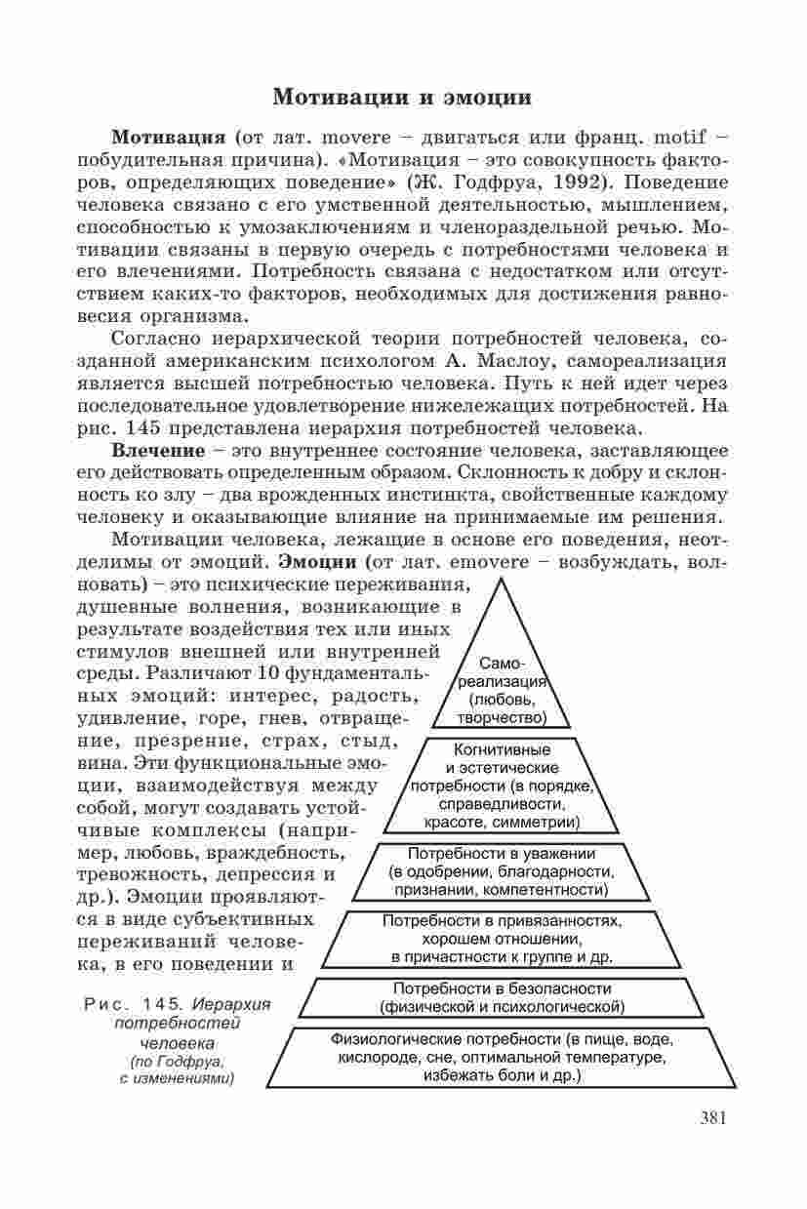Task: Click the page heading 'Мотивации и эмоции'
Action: point(402,98)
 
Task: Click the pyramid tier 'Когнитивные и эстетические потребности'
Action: point(503,786)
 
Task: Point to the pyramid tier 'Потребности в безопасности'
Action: point(502,995)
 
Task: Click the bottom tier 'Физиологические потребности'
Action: point(502,1057)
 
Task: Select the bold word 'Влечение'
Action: point(158,452)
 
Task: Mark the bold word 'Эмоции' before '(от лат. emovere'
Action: point(320,562)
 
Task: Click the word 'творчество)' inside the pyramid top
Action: point(500,718)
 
